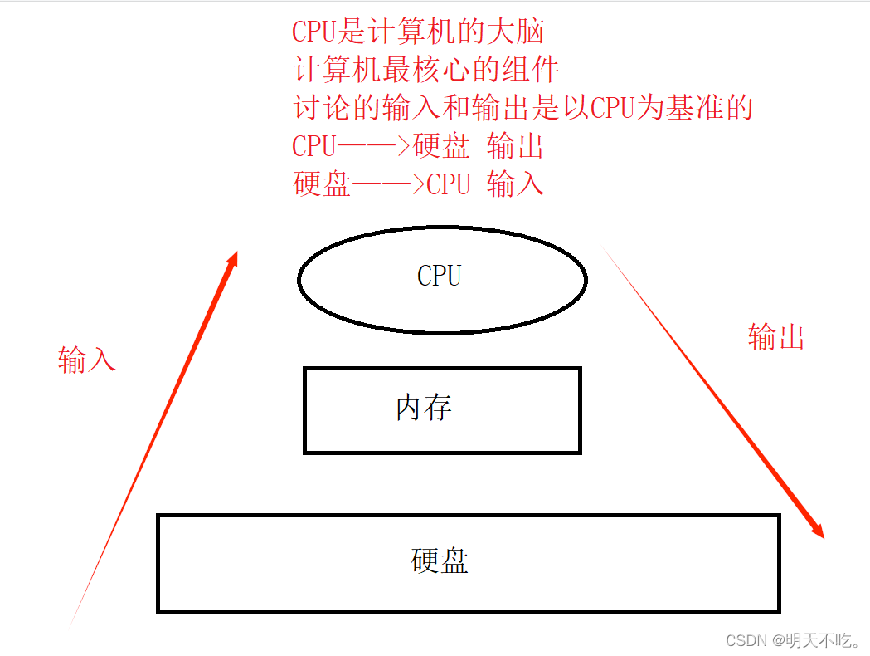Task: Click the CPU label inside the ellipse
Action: point(439,276)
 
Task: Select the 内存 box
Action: point(441,409)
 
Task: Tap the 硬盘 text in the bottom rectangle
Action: point(440,561)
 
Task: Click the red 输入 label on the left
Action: point(86,359)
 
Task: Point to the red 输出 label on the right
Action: point(775,336)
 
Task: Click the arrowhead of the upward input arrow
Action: point(233,259)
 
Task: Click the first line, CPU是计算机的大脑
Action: point(418,32)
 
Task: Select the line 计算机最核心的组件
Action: point(426,70)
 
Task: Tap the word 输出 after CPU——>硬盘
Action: point(515,146)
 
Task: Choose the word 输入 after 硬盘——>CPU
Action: point(515,184)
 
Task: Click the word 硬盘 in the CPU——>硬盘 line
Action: point(440,146)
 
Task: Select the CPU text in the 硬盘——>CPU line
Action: point(448,184)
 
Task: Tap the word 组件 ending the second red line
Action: point(531,70)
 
